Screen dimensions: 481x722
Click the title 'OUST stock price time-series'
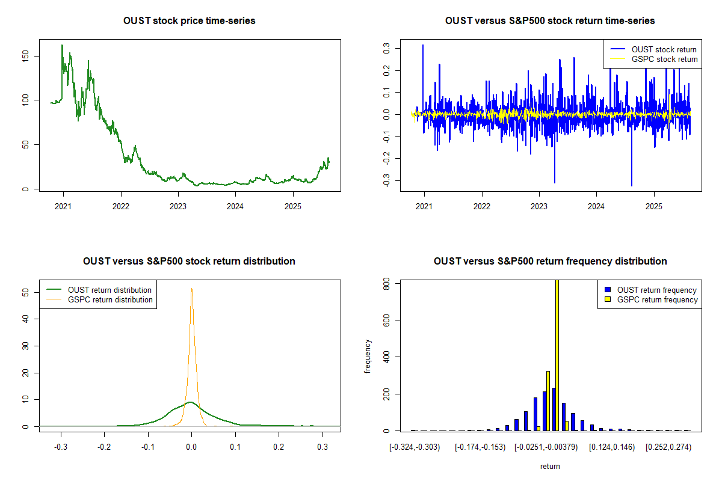point(190,21)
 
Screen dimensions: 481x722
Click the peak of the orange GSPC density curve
point(191,289)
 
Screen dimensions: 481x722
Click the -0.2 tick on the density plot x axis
point(104,447)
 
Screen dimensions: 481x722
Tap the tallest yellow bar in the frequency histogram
point(557,355)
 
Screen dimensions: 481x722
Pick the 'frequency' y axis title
point(368,357)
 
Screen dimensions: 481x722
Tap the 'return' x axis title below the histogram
point(550,466)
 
